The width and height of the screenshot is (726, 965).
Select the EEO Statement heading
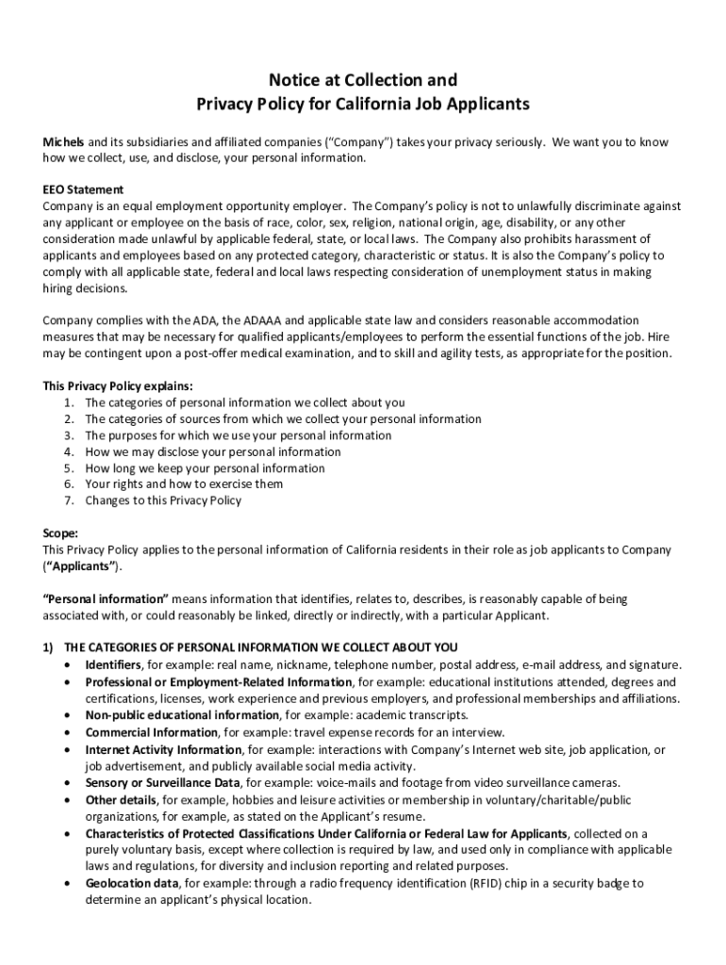coord(83,189)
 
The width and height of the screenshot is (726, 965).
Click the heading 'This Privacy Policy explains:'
coord(118,386)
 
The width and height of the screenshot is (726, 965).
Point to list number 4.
coord(70,451)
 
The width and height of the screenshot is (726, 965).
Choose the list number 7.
coord(70,500)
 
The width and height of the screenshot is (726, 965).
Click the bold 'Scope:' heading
coord(60,532)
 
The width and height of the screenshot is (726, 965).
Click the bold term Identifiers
coord(113,664)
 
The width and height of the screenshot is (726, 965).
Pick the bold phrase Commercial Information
coord(139,732)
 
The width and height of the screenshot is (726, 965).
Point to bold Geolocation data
coord(132,883)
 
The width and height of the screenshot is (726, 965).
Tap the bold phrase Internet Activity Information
coord(163,749)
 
